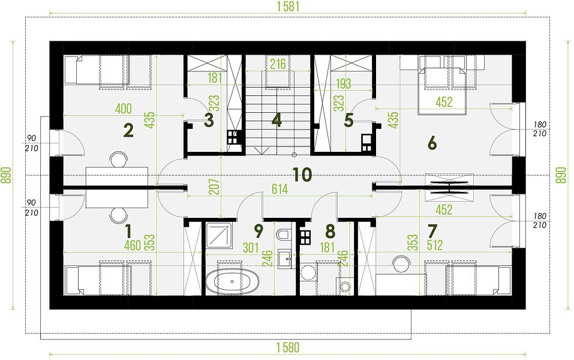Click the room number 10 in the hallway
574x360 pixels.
coord(302,175)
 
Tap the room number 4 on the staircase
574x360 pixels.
coord(277,121)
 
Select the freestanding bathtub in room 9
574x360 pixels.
coord(233,281)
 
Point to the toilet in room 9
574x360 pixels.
coord(284,233)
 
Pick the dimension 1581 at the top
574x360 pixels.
coord(288,6)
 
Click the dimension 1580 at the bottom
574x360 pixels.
coord(288,347)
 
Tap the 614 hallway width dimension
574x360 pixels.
coord(280,189)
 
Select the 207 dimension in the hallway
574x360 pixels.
coord(216,187)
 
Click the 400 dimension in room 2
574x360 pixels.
coord(124,109)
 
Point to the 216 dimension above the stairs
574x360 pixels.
coord(278,64)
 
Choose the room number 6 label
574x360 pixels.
coord(432,143)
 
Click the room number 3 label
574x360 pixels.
coord(209,120)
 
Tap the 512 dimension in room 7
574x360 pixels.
coord(434,245)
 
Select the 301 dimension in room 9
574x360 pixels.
coord(251,248)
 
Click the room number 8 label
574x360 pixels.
coord(330,232)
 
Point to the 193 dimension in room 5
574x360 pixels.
coord(343,84)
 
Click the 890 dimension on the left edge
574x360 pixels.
coord(6,175)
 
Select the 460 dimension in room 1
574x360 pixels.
coord(133,245)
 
